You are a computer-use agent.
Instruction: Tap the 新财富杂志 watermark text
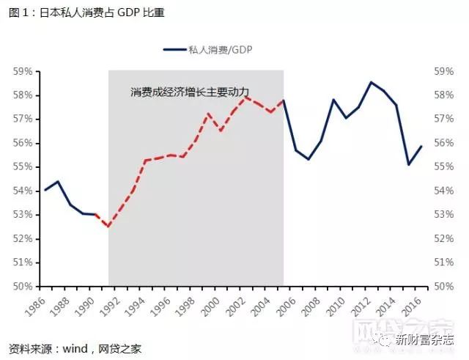point(425,339)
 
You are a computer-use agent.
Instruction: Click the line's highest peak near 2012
point(371,82)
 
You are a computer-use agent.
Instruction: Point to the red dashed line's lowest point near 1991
point(108,227)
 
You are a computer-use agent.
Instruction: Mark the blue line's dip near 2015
point(409,164)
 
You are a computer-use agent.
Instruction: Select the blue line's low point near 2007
point(309,159)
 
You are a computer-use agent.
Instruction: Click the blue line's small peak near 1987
point(57,181)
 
